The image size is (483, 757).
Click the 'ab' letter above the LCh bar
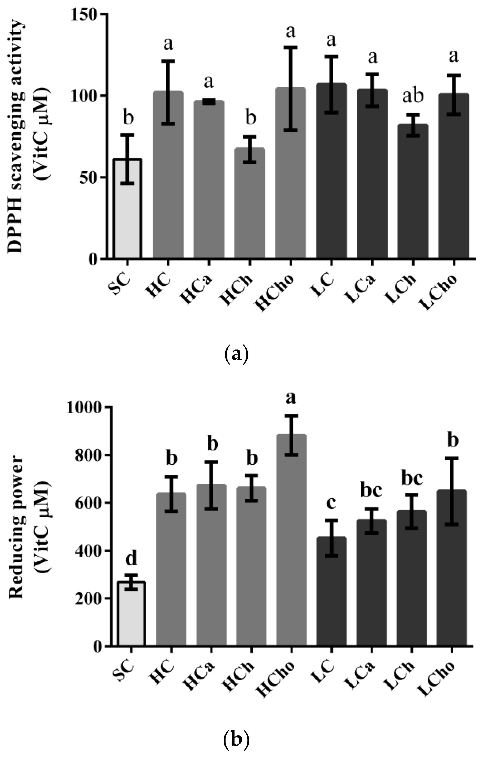(x=413, y=96)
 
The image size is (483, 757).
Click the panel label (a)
(x=237, y=354)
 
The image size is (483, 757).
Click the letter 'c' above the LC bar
(x=331, y=502)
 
